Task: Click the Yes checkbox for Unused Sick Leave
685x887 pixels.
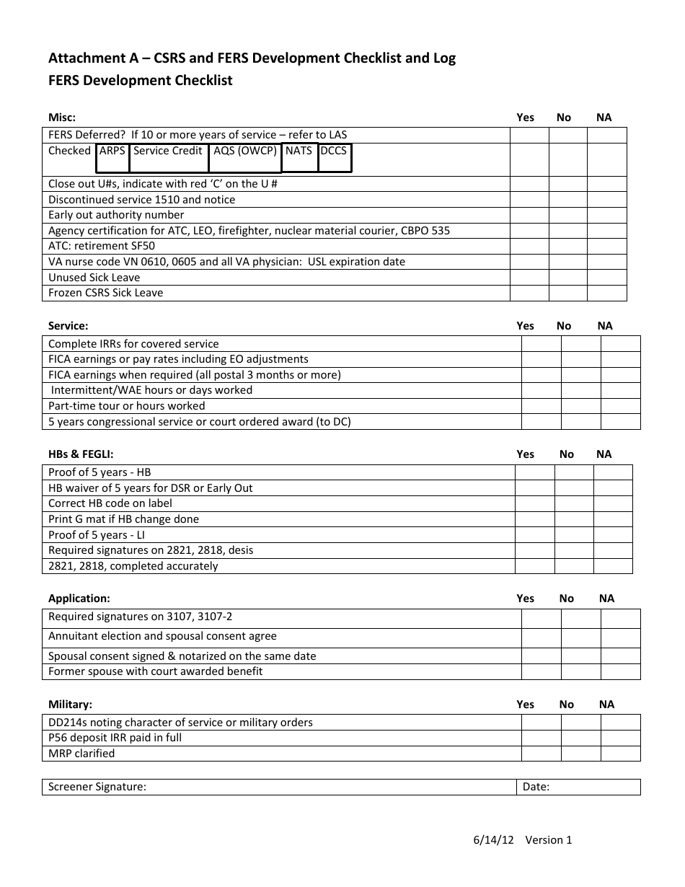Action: pos(529,278)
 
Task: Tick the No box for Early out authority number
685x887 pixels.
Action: pos(568,215)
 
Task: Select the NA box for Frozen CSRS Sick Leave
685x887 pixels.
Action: pos(607,293)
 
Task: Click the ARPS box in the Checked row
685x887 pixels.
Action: pos(112,158)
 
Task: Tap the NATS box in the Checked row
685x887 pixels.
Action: pos(299,158)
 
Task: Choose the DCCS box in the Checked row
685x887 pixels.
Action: pos(335,158)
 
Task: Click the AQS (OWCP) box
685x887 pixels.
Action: pos(245,158)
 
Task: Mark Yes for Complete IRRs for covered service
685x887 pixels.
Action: pos(541,344)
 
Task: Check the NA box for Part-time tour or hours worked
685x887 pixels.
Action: pos(620,406)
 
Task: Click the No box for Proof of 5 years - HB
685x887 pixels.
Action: pos(573,472)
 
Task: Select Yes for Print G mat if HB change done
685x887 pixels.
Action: pos(534,519)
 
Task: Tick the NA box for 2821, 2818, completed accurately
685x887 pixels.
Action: pos(612,566)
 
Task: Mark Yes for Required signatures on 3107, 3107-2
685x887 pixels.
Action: pos(541,618)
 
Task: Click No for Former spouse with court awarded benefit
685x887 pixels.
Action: pos(580,671)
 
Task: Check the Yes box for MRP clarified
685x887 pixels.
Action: pos(541,754)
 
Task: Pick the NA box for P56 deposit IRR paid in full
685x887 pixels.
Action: pos(620,738)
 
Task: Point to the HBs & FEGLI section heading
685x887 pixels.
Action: pos(81,454)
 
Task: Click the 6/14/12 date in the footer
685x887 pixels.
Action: pos(494,839)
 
